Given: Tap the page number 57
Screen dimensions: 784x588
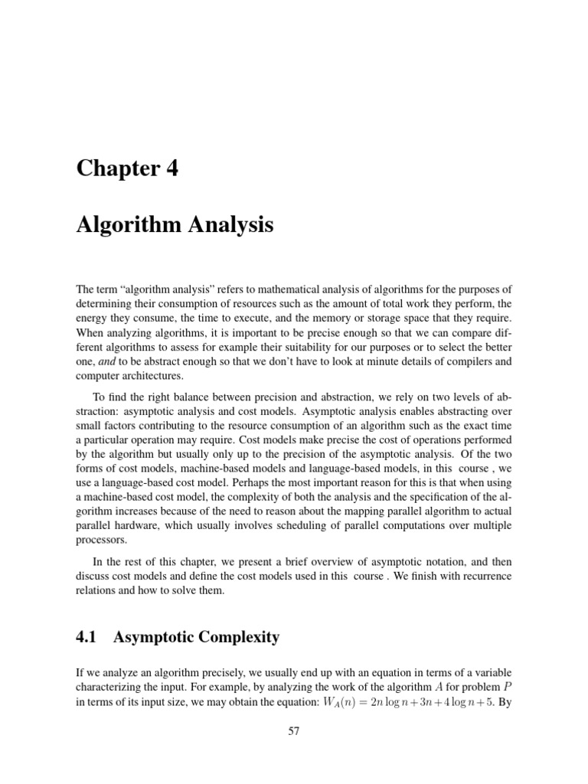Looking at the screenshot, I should [x=294, y=731].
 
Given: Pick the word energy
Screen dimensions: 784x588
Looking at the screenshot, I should [x=92, y=318].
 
